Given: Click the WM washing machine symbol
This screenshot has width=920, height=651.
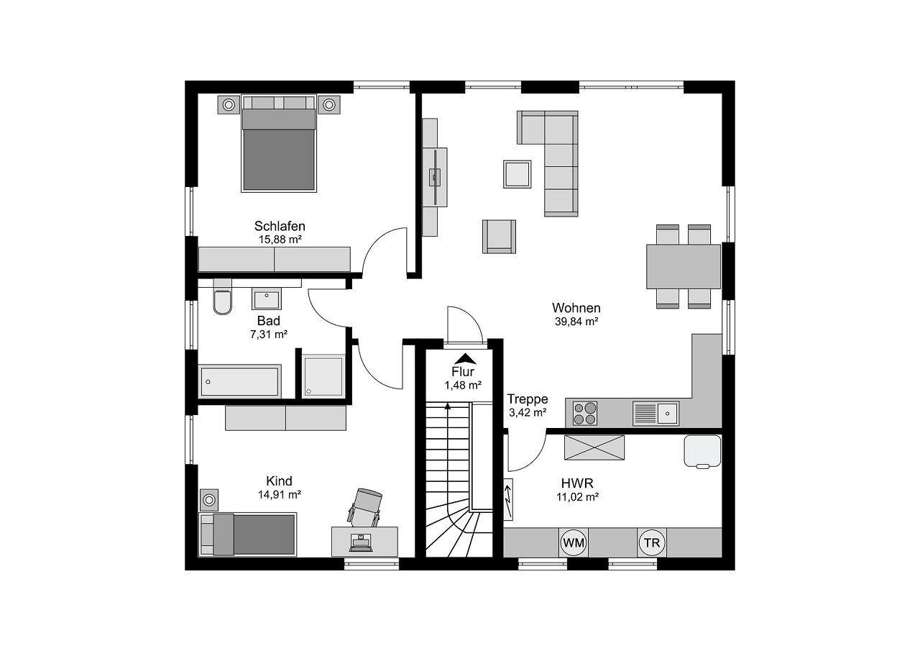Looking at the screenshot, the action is click(x=574, y=542).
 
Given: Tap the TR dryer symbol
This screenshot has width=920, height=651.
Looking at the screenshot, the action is click(x=652, y=542).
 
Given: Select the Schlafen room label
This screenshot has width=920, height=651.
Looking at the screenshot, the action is click(x=280, y=226).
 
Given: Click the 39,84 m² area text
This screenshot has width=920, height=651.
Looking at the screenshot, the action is click(x=576, y=322).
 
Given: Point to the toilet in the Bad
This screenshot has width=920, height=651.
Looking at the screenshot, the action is click(x=222, y=297).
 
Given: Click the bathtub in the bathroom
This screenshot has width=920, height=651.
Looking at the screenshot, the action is click(x=240, y=381).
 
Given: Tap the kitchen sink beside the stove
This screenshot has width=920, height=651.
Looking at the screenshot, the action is click(x=656, y=413).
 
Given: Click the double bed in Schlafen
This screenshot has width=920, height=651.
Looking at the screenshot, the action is click(x=279, y=143).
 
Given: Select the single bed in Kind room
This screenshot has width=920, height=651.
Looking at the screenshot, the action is click(x=248, y=534).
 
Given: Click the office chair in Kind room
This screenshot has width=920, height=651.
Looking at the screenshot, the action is click(x=364, y=508).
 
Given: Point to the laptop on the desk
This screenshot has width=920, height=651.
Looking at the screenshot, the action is click(x=361, y=543).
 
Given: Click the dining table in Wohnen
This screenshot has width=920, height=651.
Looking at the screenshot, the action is click(x=684, y=266).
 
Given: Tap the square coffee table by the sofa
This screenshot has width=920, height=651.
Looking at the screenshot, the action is click(x=517, y=174).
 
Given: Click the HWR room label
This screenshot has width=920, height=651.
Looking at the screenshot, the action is click(x=577, y=483).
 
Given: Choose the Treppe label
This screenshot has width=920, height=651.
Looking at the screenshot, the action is click(x=528, y=399).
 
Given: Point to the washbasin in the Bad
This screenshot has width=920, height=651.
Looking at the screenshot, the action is click(x=267, y=299).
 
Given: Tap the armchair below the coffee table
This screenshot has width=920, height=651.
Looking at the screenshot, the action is click(x=499, y=237).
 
